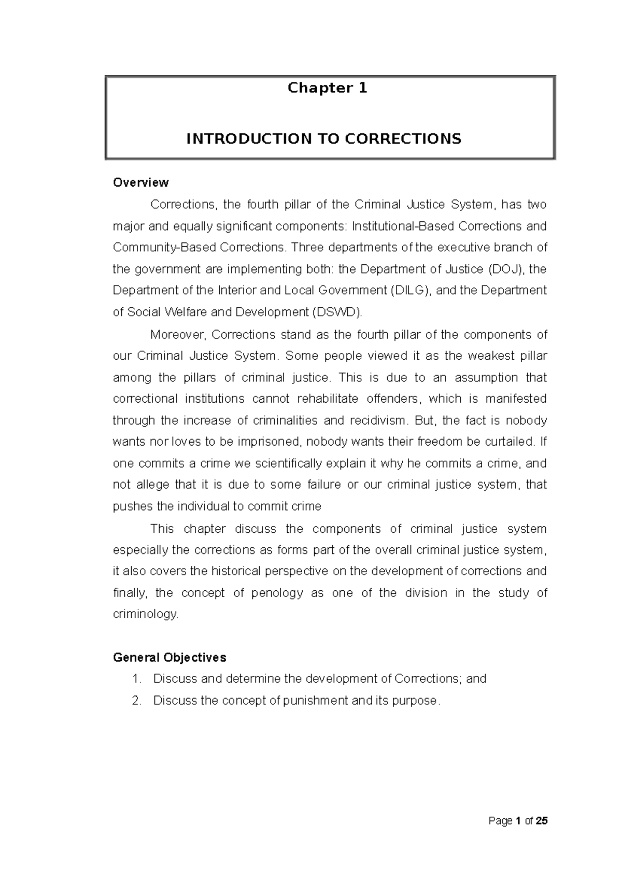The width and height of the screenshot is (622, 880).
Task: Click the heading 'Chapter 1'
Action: click(x=327, y=88)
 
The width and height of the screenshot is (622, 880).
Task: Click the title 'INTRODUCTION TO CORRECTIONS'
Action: click(x=323, y=139)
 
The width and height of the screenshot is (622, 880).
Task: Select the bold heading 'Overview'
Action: click(x=140, y=182)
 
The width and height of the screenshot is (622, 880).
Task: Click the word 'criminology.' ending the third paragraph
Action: click(x=146, y=614)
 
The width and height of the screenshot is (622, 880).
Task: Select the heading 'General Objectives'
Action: click(x=169, y=658)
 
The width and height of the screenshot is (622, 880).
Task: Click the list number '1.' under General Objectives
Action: click(x=137, y=679)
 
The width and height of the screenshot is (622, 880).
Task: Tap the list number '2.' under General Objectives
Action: click(x=137, y=701)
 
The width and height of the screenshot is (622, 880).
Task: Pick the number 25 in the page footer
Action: click(x=541, y=821)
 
